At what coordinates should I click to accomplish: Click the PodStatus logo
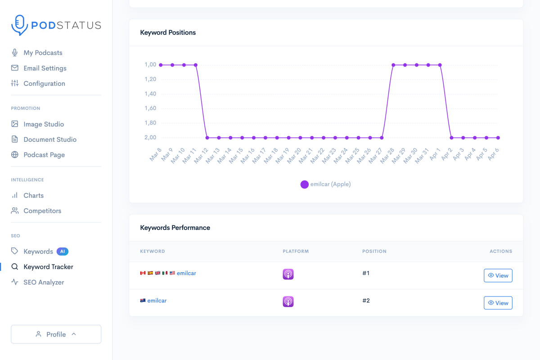pyautogui.click(x=56, y=25)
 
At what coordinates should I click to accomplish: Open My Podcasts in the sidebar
pyautogui.click(x=43, y=53)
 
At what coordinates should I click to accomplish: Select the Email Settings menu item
pyautogui.click(x=45, y=68)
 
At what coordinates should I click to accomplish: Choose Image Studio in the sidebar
pyautogui.click(x=43, y=124)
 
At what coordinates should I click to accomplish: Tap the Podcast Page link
pyautogui.click(x=44, y=155)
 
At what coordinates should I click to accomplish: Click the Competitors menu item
pyautogui.click(x=42, y=211)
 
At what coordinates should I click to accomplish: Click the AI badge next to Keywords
pyautogui.click(x=63, y=252)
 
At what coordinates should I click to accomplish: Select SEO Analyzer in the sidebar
pyautogui.click(x=43, y=282)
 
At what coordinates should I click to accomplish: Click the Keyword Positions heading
pyautogui.click(x=168, y=32)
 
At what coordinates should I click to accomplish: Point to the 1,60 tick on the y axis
pyautogui.click(x=150, y=108)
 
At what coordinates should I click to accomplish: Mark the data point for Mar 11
pyautogui.click(x=196, y=65)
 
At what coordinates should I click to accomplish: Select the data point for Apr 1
pyautogui.click(x=440, y=65)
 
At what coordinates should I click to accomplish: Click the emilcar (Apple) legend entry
pyautogui.click(x=326, y=184)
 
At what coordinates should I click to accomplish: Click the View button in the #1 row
pyautogui.click(x=498, y=275)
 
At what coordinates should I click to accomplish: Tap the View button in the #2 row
pyautogui.click(x=498, y=303)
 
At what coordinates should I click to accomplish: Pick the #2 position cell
pyautogui.click(x=366, y=301)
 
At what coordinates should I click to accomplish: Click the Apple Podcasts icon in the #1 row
pyautogui.click(x=288, y=274)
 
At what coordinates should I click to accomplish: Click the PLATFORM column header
pyautogui.click(x=296, y=252)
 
